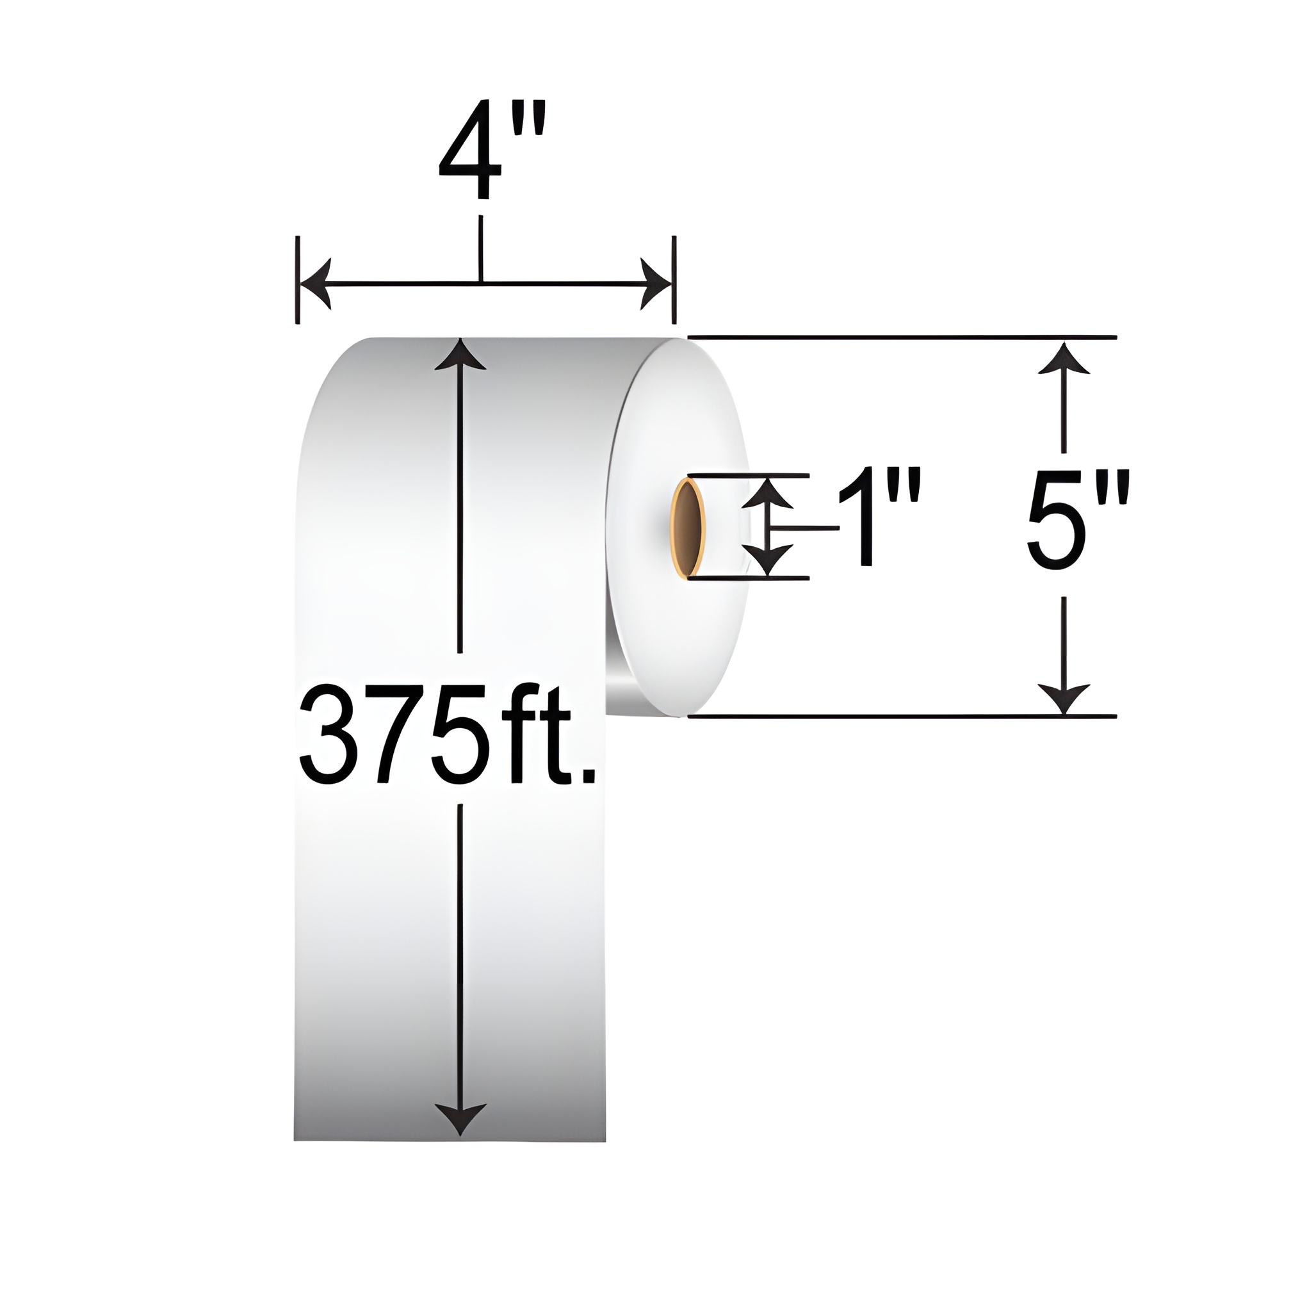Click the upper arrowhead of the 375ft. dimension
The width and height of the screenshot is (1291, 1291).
460,355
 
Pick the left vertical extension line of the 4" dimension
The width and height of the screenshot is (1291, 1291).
297,280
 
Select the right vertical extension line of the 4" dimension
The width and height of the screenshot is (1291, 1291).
675,280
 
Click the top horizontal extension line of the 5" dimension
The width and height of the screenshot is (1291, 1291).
902,337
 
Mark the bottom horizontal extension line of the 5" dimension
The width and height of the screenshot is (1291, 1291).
902,717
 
